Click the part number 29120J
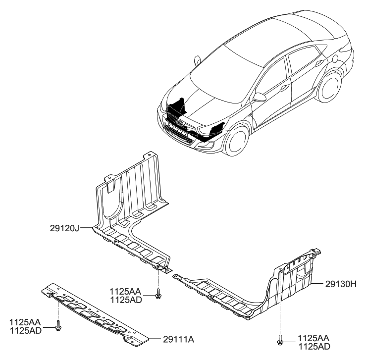click(64, 228)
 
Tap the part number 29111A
click(178, 339)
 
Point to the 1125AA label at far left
click(25, 322)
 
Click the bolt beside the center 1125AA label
click(158, 295)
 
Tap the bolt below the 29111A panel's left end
click(58, 327)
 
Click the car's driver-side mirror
click(259, 97)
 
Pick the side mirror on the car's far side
click(197, 60)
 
